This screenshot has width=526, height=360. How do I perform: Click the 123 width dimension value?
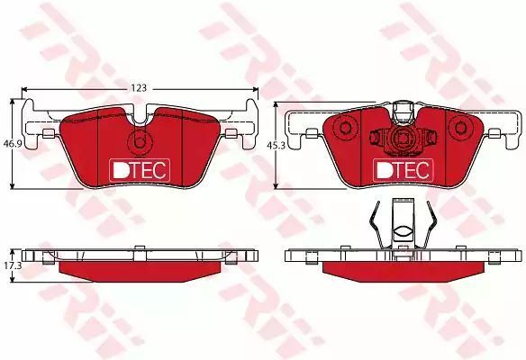(139, 88)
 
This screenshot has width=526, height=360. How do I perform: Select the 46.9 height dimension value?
(13, 144)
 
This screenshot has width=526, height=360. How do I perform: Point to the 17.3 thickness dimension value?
(13, 265)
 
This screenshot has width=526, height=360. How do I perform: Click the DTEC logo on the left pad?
(140, 170)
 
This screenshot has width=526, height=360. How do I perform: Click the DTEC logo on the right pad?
(404, 170)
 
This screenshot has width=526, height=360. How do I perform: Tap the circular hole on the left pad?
(140, 142)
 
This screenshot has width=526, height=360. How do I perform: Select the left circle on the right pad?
(345, 128)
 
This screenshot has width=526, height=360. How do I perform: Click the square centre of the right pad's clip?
(403, 139)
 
